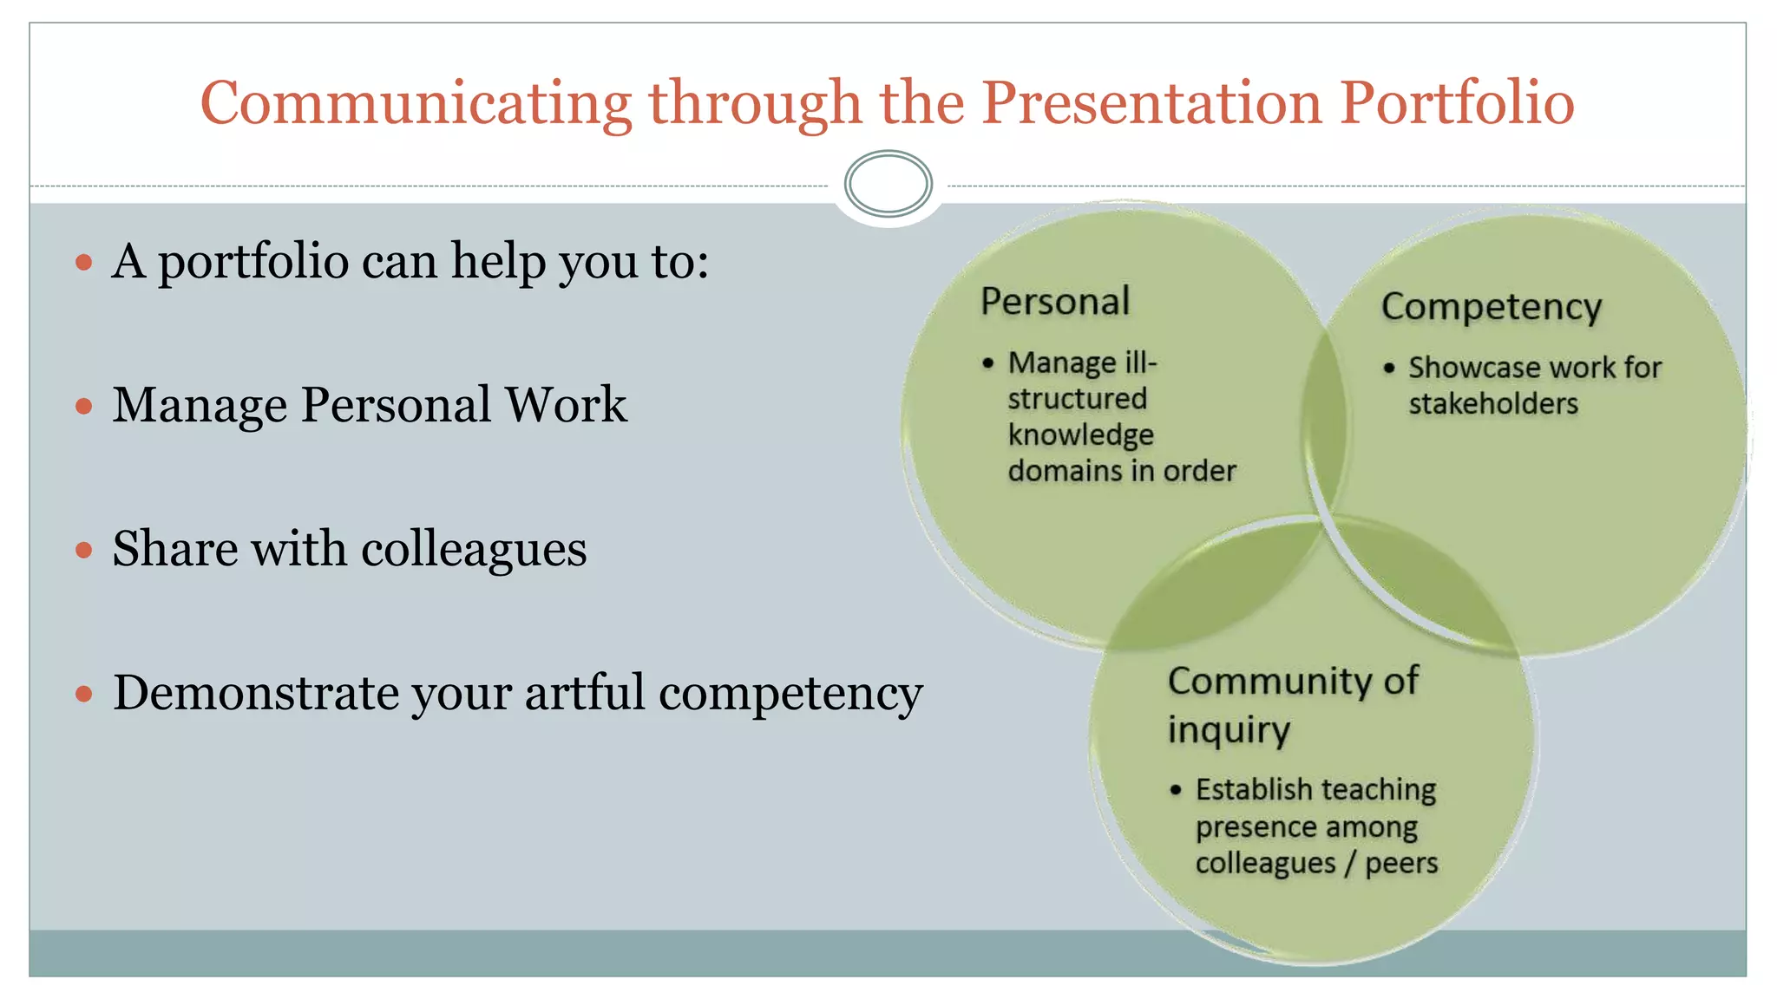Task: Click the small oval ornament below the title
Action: tap(888, 183)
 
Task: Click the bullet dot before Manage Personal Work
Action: tap(84, 406)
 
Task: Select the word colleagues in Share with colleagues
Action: tap(474, 550)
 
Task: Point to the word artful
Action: tap(584, 693)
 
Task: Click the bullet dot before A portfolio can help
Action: tap(84, 262)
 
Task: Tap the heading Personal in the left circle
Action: tap(1055, 302)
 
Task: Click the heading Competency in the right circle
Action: tap(1491, 307)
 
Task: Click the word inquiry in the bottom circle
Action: tap(1229, 730)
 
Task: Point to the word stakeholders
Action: tap(1492, 404)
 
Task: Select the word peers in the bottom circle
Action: tap(1401, 864)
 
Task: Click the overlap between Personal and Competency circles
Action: tap(1324, 425)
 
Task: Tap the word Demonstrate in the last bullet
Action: tap(255, 693)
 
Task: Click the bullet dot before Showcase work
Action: tap(1389, 369)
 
